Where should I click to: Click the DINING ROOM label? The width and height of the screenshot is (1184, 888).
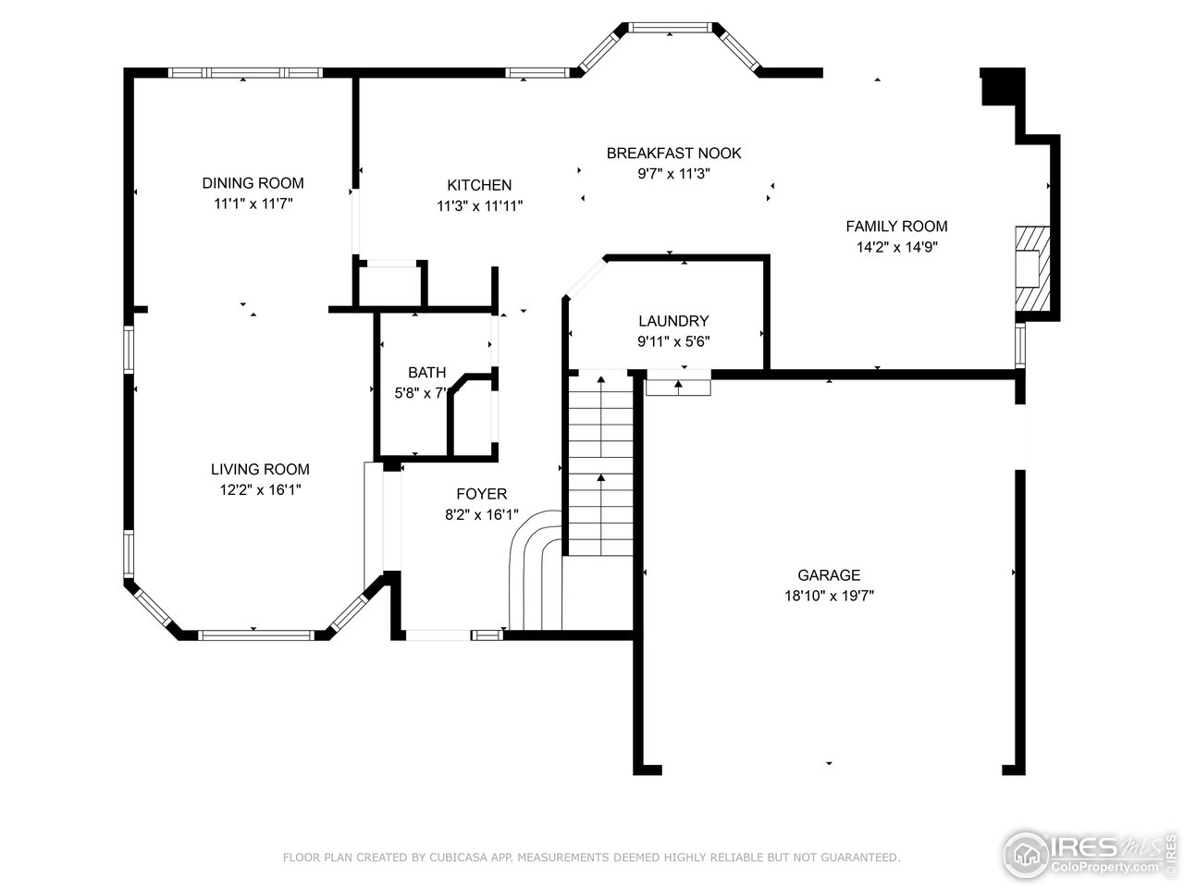[x=253, y=183]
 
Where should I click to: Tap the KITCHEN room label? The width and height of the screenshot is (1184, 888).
[x=479, y=185]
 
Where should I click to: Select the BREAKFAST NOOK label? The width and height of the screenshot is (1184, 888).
[x=673, y=153]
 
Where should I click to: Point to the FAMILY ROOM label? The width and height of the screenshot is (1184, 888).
[x=896, y=226]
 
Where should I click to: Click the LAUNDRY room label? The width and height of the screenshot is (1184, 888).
[x=673, y=321]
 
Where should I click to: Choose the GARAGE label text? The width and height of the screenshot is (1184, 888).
[x=829, y=575]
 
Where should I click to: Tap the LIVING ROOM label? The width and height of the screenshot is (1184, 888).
[x=260, y=469]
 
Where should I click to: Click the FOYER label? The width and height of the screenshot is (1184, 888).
[x=481, y=494]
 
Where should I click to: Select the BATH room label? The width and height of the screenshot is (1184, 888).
[x=426, y=373]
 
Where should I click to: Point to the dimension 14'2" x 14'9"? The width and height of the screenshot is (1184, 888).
[x=896, y=247]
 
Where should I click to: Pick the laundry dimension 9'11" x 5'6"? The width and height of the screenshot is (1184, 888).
[x=673, y=341]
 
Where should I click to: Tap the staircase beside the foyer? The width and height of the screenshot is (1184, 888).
[x=600, y=462]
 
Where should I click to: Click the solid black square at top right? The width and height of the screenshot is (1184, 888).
[x=1002, y=87]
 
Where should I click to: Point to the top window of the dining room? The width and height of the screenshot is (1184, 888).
[x=244, y=72]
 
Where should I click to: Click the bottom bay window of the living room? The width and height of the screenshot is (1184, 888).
[x=256, y=635]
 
